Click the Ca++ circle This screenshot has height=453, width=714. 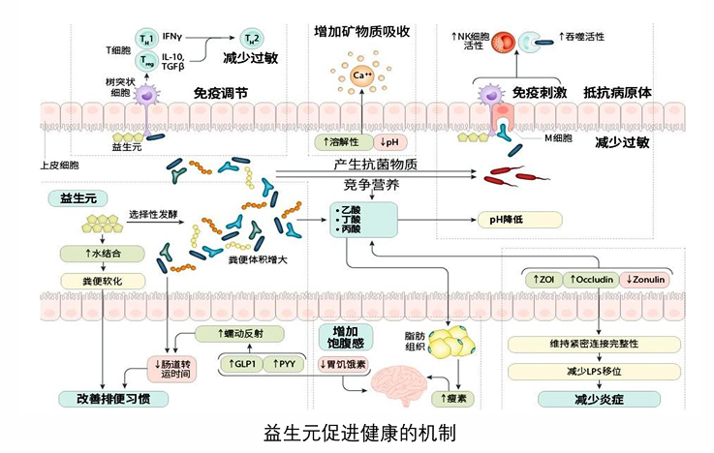click(x=361, y=75)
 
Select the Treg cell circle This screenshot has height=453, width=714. click(x=146, y=61)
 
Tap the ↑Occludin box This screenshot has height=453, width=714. click(x=584, y=280)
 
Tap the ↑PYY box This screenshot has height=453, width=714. click(x=284, y=364)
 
